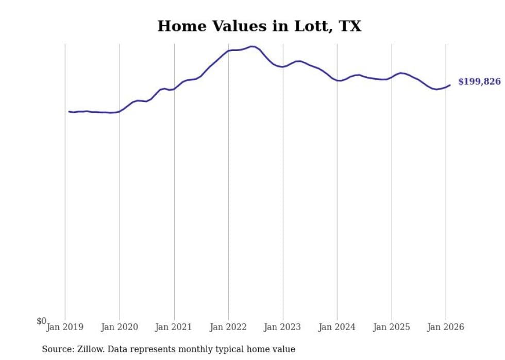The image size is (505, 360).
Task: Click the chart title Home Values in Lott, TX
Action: (x=259, y=26)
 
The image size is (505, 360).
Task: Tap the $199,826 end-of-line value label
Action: (x=479, y=82)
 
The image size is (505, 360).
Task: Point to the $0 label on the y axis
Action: (x=41, y=321)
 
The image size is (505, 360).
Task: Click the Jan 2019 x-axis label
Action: (x=65, y=327)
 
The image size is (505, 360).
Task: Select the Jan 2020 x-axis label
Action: (x=120, y=327)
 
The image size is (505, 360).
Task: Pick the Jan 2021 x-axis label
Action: (x=174, y=327)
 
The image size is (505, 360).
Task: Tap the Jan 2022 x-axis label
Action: (x=228, y=327)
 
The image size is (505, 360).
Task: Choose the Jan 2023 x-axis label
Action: (x=283, y=327)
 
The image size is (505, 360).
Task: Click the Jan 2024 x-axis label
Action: (x=337, y=327)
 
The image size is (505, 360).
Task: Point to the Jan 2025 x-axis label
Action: (x=392, y=327)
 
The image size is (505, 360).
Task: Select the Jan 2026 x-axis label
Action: (x=446, y=327)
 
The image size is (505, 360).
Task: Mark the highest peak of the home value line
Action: (x=251, y=46)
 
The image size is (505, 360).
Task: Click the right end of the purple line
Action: (x=450, y=85)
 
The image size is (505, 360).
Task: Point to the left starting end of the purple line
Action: (x=69, y=111)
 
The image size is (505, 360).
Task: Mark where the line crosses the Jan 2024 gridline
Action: (x=337, y=80)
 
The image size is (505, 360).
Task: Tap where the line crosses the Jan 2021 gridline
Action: (x=174, y=89)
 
